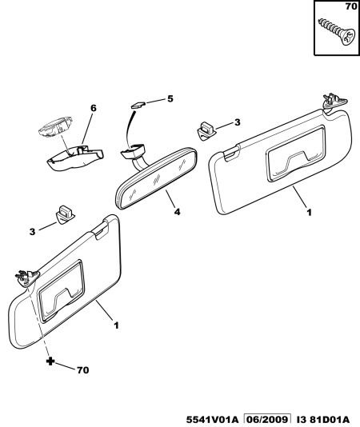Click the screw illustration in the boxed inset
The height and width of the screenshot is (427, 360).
point(337,31)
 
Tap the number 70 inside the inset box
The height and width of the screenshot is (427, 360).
point(351,6)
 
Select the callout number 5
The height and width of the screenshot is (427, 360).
point(170,98)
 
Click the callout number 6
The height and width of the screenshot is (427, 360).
point(94,108)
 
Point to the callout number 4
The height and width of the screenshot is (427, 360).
point(177,211)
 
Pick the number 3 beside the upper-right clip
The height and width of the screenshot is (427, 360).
point(238,122)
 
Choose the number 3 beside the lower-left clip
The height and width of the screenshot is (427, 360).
point(33,232)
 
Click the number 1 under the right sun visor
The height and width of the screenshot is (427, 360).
point(309,213)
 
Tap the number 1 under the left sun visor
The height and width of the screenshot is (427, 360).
point(116,325)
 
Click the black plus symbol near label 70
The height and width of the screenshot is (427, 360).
point(50,361)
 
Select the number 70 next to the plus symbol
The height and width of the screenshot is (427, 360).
point(83,370)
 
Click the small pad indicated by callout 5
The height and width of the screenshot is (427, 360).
point(138,104)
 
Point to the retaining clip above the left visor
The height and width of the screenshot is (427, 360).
point(65,215)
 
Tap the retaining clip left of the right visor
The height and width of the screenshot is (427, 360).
point(206,131)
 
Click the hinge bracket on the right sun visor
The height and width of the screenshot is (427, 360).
point(334,102)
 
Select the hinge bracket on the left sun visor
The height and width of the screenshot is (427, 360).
point(27,277)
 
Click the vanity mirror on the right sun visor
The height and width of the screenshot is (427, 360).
point(296,154)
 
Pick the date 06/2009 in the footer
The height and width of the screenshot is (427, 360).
point(266,419)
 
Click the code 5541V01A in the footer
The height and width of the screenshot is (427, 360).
point(212,419)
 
